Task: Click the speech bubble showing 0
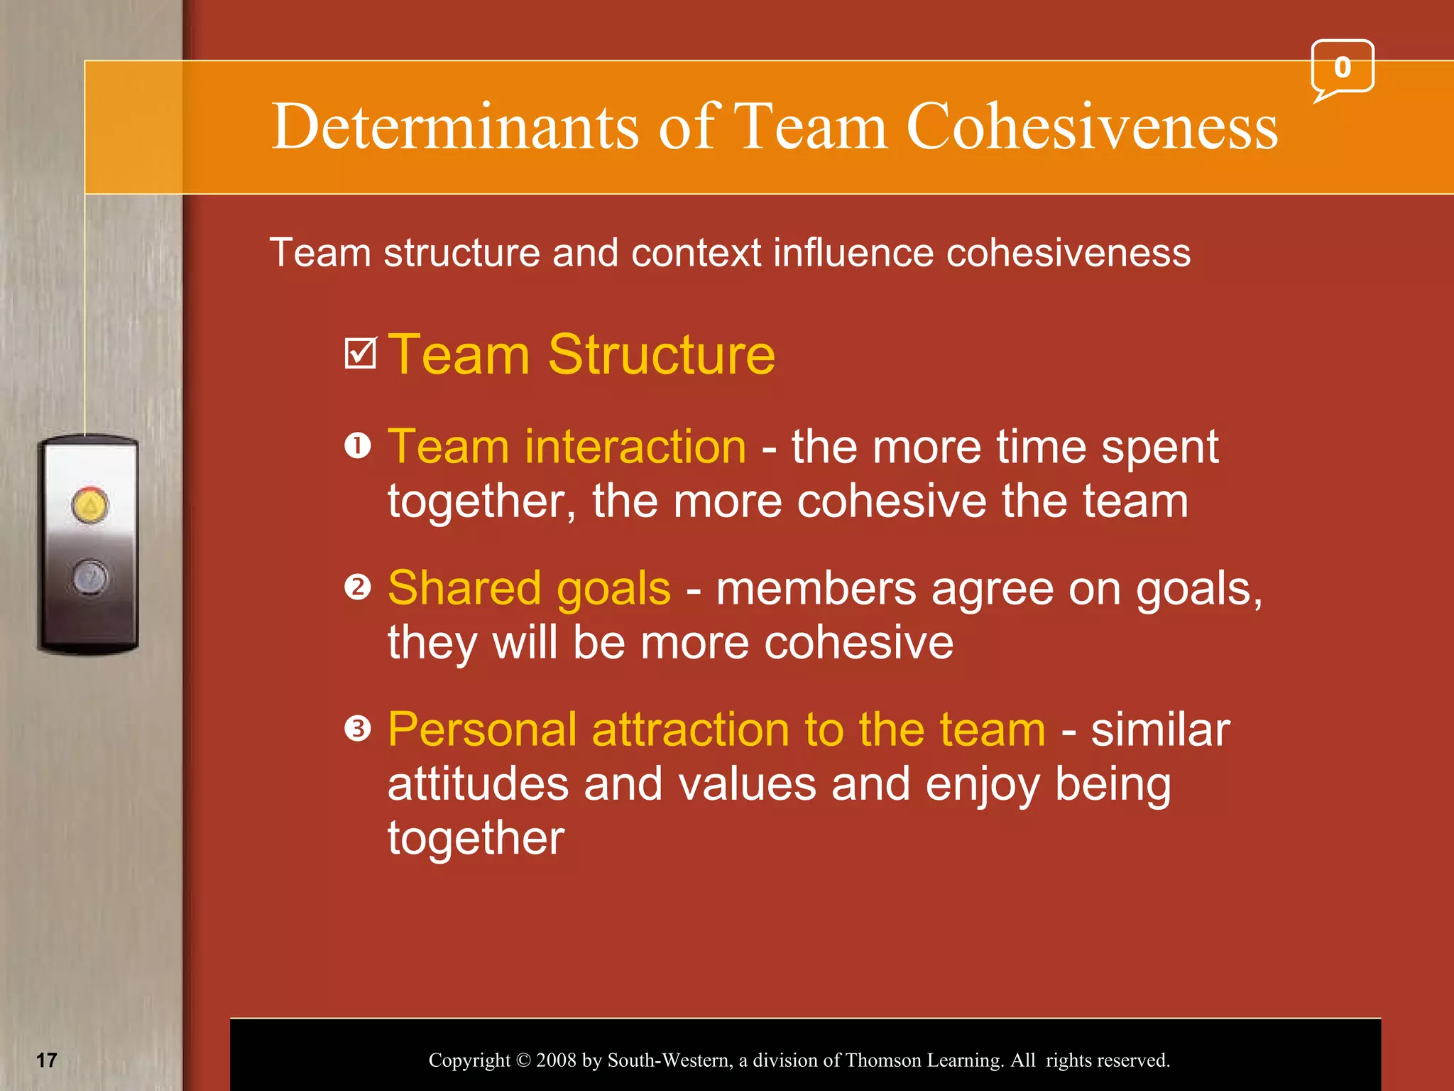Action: click(x=1342, y=68)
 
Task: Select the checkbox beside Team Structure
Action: click(x=360, y=353)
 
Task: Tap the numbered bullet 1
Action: click(x=358, y=447)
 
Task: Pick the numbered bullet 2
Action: click(x=358, y=587)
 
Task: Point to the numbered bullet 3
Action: click(x=358, y=729)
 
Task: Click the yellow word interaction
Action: click(x=635, y=447)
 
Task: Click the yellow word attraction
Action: click(x=691, y=729)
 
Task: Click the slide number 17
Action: click(x=47, y=1060)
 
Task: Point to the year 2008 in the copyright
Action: click(x=556, y=1060)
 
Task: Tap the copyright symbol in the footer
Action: click(x=523, y=1060)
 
